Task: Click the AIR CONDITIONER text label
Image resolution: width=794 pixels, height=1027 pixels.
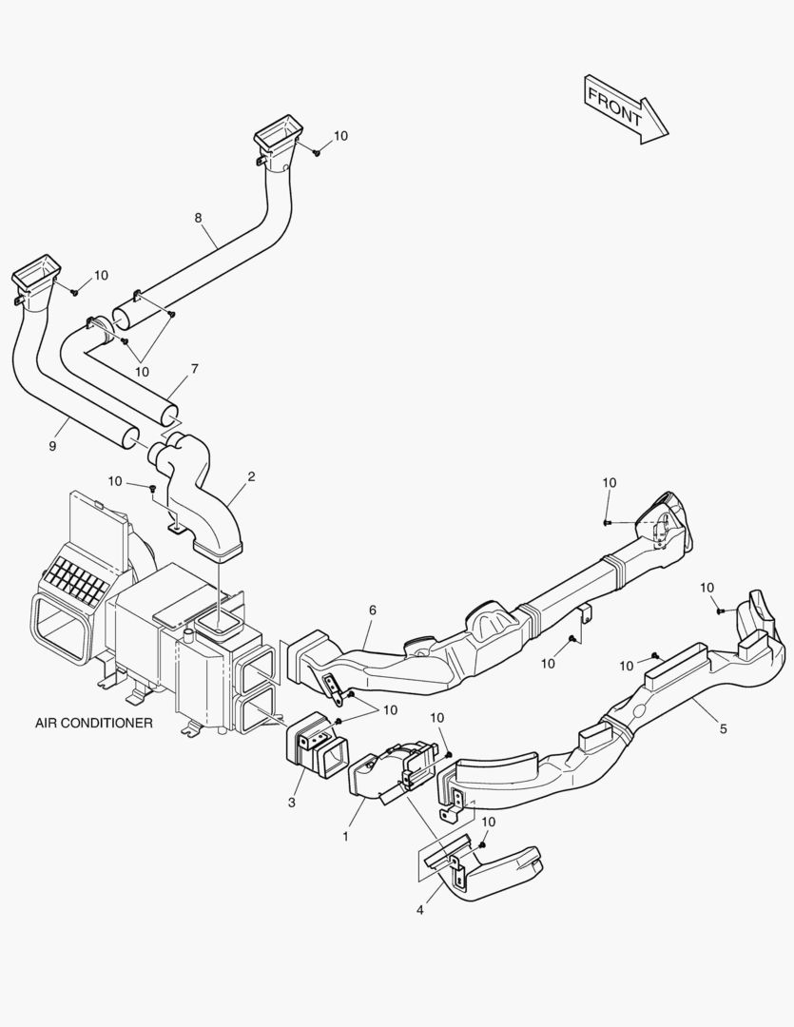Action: pyautogui.click(x=94, y=723)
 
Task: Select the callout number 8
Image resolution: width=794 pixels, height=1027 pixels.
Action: pyautogui.click(x=198, y=218)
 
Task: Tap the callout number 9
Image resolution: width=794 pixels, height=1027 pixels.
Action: pyautogui.click(x=53, y=445)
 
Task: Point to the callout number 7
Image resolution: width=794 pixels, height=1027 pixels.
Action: pyautogui.click(x=194, y=367)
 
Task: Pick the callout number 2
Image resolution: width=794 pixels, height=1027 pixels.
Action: pyautogui.click(x=251, y=476)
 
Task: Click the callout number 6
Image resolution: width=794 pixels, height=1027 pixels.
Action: pyautogui.click(x=373, y=610)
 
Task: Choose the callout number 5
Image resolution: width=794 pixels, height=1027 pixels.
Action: pyautogui.click(x=723, y=728)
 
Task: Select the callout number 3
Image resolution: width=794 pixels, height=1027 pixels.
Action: pyautogui.click(x=292, y=803)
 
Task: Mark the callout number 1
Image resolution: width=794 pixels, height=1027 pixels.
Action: pyautogui.click(x=346, y=836)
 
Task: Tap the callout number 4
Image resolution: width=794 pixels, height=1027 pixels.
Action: pyautogui.click(x=419, y=910)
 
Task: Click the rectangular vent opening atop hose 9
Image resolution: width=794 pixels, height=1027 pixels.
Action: pyautogui.click(x=37, y=270)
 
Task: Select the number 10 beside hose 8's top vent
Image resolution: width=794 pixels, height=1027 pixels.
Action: pyautogui.click(x=340, y=136)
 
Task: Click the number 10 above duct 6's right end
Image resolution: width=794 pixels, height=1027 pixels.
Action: pyautogui.click(x=610, y=483)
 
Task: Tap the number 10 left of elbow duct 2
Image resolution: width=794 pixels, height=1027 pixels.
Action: pyautogui.click(x=115, y=481)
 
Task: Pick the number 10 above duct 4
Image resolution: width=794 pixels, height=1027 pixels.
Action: pyautogui.click(x=488, y=822)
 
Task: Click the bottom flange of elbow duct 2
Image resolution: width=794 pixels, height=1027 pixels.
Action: pyautogui.click(x=219, y=548)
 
